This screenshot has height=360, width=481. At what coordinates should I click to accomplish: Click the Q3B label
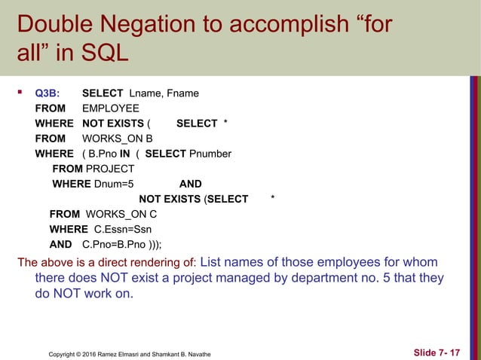tap(47, 94)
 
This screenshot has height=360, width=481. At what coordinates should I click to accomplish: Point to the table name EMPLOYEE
tap(110, 108)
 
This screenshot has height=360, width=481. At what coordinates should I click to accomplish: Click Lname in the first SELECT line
tap(146, 94)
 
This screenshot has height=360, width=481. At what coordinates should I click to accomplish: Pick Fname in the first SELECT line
tap(182, 94)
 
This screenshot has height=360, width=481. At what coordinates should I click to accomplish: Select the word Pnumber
tap(210, 154)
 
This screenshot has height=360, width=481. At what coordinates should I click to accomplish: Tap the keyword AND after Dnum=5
tap(190, 184)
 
